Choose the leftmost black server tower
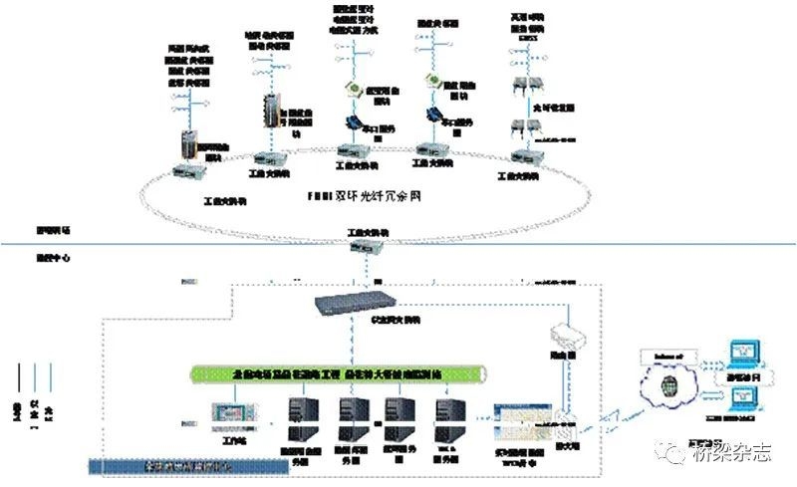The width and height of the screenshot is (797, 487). click(303, 417)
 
